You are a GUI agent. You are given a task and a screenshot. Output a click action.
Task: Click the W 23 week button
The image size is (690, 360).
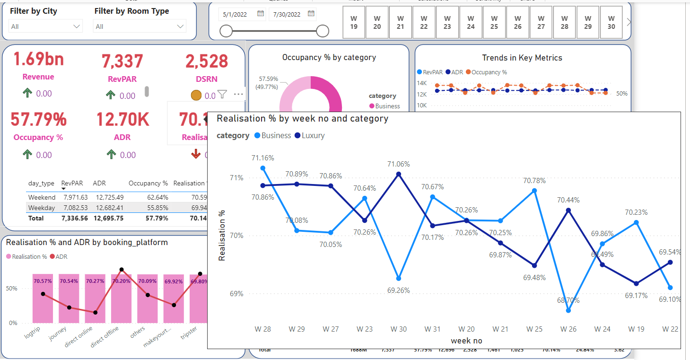coord(447,22)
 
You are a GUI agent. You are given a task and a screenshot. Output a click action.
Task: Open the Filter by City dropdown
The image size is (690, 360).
coord(45,26)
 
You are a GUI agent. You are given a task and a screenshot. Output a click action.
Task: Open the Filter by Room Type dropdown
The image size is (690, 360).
coord(140,26)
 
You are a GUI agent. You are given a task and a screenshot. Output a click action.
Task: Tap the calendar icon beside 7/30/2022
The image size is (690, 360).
coord(311,14)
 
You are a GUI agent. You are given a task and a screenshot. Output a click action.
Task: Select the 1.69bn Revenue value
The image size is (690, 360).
coord(38,60)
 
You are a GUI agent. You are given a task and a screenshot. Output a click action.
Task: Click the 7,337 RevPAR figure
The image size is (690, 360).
coord(122,61)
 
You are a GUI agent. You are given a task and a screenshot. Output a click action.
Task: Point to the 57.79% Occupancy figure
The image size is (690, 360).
coord(39,120)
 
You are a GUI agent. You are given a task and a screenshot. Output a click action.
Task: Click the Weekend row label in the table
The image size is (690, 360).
coord(42,197)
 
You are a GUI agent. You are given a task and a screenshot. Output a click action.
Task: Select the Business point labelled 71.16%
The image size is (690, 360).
coord(263,168)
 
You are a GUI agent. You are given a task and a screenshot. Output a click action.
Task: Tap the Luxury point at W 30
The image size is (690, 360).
coord(399,174)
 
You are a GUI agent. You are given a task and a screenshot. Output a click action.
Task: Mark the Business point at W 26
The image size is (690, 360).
coord(568,311)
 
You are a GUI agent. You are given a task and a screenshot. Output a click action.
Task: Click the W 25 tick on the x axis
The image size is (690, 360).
coord(534,329)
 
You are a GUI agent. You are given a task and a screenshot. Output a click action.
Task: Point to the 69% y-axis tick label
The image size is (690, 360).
coord(237,294)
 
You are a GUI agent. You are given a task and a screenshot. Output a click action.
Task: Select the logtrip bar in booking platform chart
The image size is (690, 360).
coord(43,298)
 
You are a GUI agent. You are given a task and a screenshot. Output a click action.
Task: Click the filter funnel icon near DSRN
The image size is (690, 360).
coord(222,95)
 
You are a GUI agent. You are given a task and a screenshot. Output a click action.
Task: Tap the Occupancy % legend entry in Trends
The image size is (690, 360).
coord(486,72)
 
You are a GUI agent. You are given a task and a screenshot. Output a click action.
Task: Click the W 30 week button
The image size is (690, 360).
coord(611,22)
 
